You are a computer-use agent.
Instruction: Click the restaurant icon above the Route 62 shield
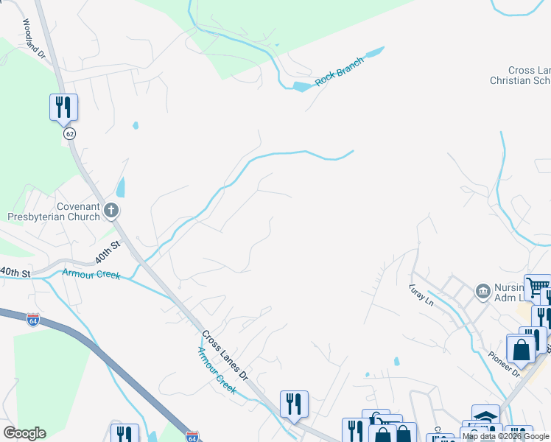click(x=63, y=107)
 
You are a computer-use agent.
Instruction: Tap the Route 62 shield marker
click(x=69, y=134)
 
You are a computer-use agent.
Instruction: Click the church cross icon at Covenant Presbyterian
click(x=111, y=211)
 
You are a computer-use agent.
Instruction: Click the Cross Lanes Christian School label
click(x=520, y=75)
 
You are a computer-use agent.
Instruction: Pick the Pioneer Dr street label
click(x=505, y=364)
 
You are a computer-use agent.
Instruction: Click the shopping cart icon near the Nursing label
click(x=538, y=287)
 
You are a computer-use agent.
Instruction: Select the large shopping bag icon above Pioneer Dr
click(x=521, y=349)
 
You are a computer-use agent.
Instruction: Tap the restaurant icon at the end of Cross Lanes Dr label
click(x=293, y=404)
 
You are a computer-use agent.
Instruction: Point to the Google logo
click(x=24, y=433)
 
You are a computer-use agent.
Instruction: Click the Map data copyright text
click(x=506, y=437)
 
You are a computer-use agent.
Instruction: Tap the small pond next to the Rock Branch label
click(x=303, y=87)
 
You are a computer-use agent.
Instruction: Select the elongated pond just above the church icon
click(x=120, y=188)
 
